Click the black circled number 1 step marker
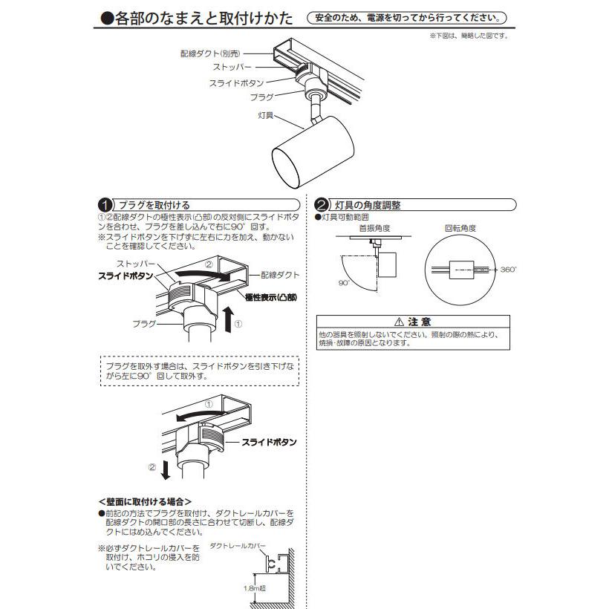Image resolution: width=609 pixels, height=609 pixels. coord(105,205)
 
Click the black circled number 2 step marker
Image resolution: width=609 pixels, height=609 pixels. coord(321,205)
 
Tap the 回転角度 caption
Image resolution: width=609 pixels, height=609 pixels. coord(460,229)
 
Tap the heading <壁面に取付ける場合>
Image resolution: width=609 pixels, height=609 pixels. coord(144,501)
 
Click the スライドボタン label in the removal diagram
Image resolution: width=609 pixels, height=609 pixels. coord(269,441)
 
